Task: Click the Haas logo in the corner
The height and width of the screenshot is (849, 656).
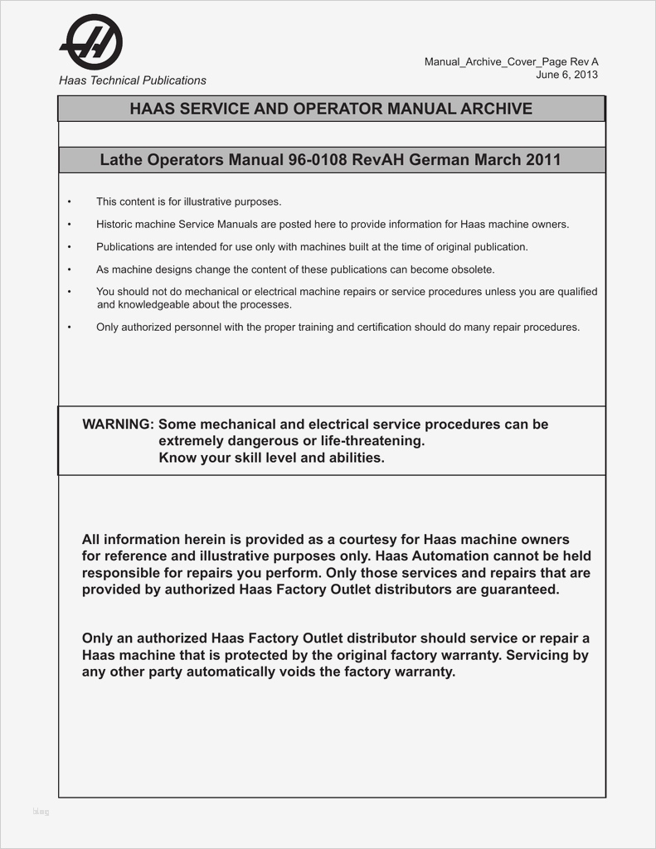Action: (91, 42)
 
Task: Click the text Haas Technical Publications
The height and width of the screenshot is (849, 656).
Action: (132, 80)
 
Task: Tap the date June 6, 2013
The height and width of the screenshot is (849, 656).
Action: (566, 75)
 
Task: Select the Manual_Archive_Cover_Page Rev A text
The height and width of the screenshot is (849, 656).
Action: (511, 62)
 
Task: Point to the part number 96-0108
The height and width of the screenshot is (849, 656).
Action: (318, 159)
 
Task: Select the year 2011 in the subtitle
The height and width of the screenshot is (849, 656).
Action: (543, 159)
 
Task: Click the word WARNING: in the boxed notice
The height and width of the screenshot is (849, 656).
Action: (118, 424)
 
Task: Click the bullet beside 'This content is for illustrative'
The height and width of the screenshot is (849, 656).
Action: (70, 201)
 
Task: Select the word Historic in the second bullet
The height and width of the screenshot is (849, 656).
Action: (114, 224)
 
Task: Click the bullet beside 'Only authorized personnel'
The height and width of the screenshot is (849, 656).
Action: (70, 327)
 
